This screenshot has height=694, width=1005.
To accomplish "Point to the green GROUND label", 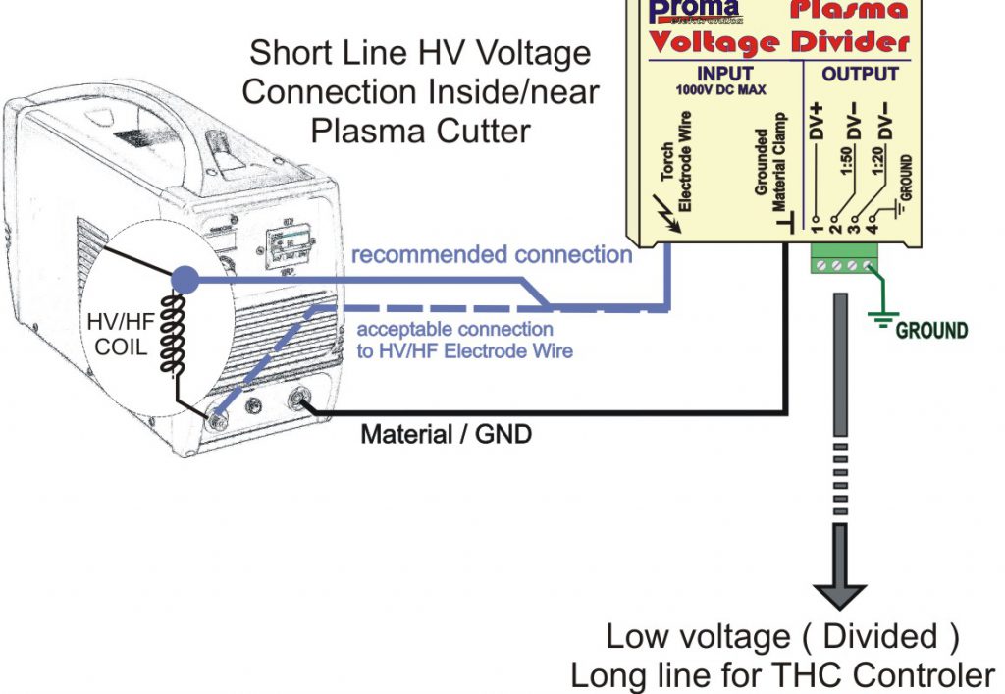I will pyautogui.click(x=931, y=330).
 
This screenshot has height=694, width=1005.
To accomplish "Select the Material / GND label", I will pyautogui.click(x=447, y=433).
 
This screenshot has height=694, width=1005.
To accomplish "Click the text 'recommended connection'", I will pyautogui.click(x=492, y=255).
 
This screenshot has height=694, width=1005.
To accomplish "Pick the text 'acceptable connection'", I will pyautogui.click(x=454, y=330).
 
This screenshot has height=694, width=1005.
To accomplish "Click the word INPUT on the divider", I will pyautogui.click(x=724, y=74).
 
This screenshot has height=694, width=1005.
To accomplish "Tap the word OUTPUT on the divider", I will pyautogui.click(x=860, y=74).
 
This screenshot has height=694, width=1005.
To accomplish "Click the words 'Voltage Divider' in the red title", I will pyautogui.click(x=779, y=42).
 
